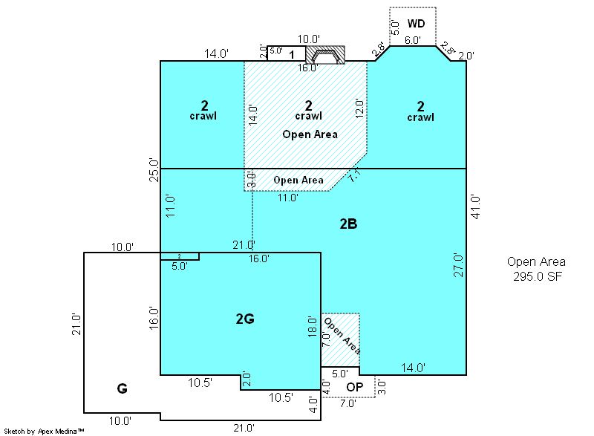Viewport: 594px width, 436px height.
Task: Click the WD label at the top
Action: (416, 24)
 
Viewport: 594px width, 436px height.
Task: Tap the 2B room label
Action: (348, 224)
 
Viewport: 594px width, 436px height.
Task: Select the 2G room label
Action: (245, 319)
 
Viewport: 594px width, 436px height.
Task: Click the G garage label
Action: (122, 388)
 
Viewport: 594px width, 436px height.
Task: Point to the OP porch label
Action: (355, 387)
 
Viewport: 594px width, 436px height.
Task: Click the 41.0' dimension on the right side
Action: (475, 206)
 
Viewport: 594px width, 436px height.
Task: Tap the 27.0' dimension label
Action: (458, 265)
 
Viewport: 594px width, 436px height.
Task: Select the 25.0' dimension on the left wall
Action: (154, 169)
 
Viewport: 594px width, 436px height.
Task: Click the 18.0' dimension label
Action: (312, 327)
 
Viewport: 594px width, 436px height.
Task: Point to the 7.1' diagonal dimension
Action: (355, 176)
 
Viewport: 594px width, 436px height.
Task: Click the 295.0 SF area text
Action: (537, 276)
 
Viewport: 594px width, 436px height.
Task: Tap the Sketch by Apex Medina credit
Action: (44, 431)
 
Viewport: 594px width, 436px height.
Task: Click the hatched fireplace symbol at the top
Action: (325, 55)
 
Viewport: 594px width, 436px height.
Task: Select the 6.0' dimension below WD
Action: (412, 40)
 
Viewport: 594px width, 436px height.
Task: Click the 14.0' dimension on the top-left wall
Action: (216, 53)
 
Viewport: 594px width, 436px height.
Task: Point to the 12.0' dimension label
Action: (359, 108)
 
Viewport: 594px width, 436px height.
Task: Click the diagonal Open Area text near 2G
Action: (342, 336)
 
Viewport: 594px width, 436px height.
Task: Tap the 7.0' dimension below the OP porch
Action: (347, 403)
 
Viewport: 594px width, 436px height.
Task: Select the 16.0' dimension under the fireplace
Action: (307, 68)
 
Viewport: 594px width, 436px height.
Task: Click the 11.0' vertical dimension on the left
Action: (171, 206)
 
